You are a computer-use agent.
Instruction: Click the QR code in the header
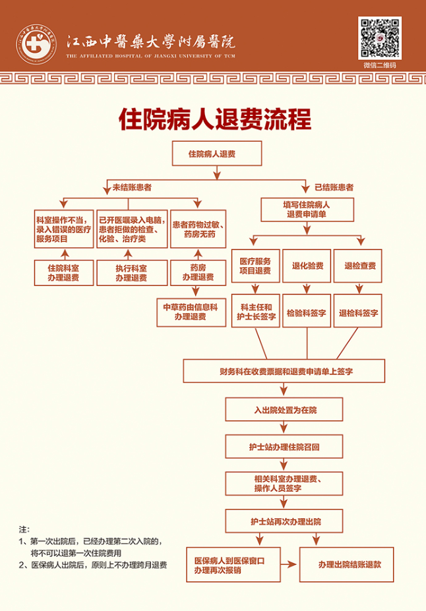click(380, 38)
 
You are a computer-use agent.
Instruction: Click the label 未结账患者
click(132, 188)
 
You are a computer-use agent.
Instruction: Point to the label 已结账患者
click(334, 187)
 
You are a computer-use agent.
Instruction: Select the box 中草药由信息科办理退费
click(190, 312)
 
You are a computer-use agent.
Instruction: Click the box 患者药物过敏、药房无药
click(198, 229)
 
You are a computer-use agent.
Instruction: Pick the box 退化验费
click(307, 266)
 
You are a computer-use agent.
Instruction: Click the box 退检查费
click(360, 266)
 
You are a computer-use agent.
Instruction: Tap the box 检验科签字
click(307, 314)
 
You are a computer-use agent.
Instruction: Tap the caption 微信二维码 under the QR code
click(380, 65)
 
